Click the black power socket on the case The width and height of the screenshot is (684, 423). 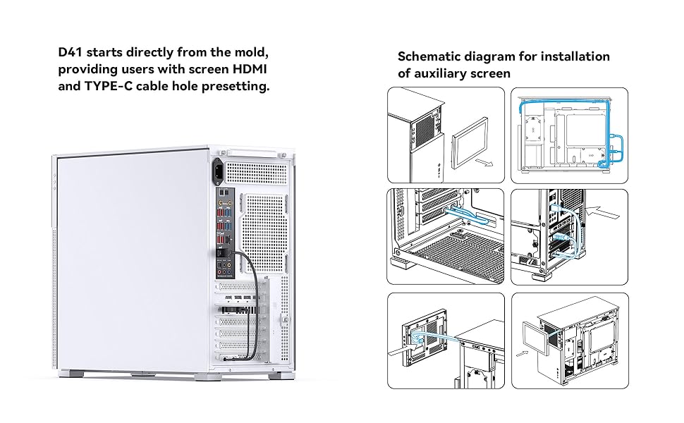click(x=220, y=169)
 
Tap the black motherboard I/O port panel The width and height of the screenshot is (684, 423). click(x=224, y=233)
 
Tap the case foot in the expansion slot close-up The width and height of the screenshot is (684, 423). click(x=404, y=268)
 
